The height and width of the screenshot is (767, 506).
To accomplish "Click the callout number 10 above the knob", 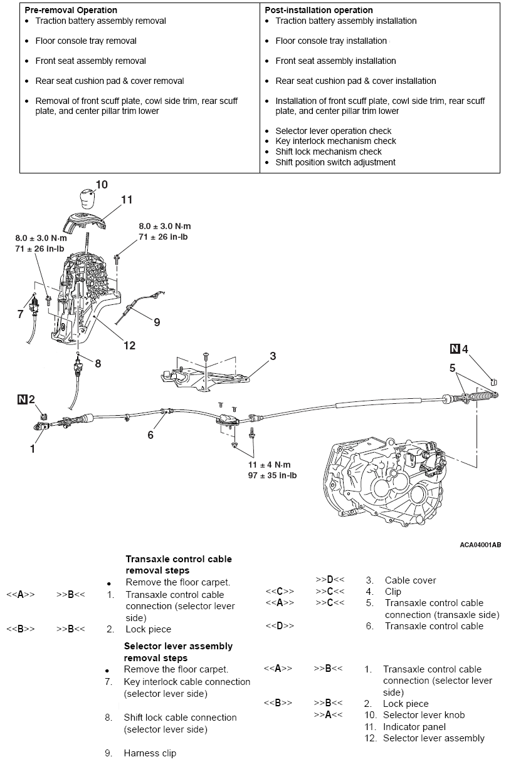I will click(102, 184).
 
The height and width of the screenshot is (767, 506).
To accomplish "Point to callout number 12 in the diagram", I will click(129, 345).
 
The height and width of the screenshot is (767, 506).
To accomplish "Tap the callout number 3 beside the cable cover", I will click(273, 356).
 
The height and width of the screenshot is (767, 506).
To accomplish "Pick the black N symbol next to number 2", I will click(23, 399).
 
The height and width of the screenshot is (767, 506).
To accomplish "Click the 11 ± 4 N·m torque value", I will click(270, 465).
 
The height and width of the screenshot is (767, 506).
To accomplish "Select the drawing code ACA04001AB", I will click(480, 545).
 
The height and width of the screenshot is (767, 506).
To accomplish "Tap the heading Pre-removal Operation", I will click(71, 10).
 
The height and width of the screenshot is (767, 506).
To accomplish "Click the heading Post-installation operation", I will click(319, 10).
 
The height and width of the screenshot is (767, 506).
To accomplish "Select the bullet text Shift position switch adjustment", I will click(335, 162).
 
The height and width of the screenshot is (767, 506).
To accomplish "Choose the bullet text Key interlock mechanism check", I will click(335, 141).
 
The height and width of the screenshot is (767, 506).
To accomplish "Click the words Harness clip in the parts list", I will click(150, 753).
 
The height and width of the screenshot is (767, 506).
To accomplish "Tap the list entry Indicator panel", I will click(414, 727).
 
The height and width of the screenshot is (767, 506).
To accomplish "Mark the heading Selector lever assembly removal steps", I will click(178, 652).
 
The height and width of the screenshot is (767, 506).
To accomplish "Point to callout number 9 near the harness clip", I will click(156, 322).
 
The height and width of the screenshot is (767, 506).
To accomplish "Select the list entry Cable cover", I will click(410, 580).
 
